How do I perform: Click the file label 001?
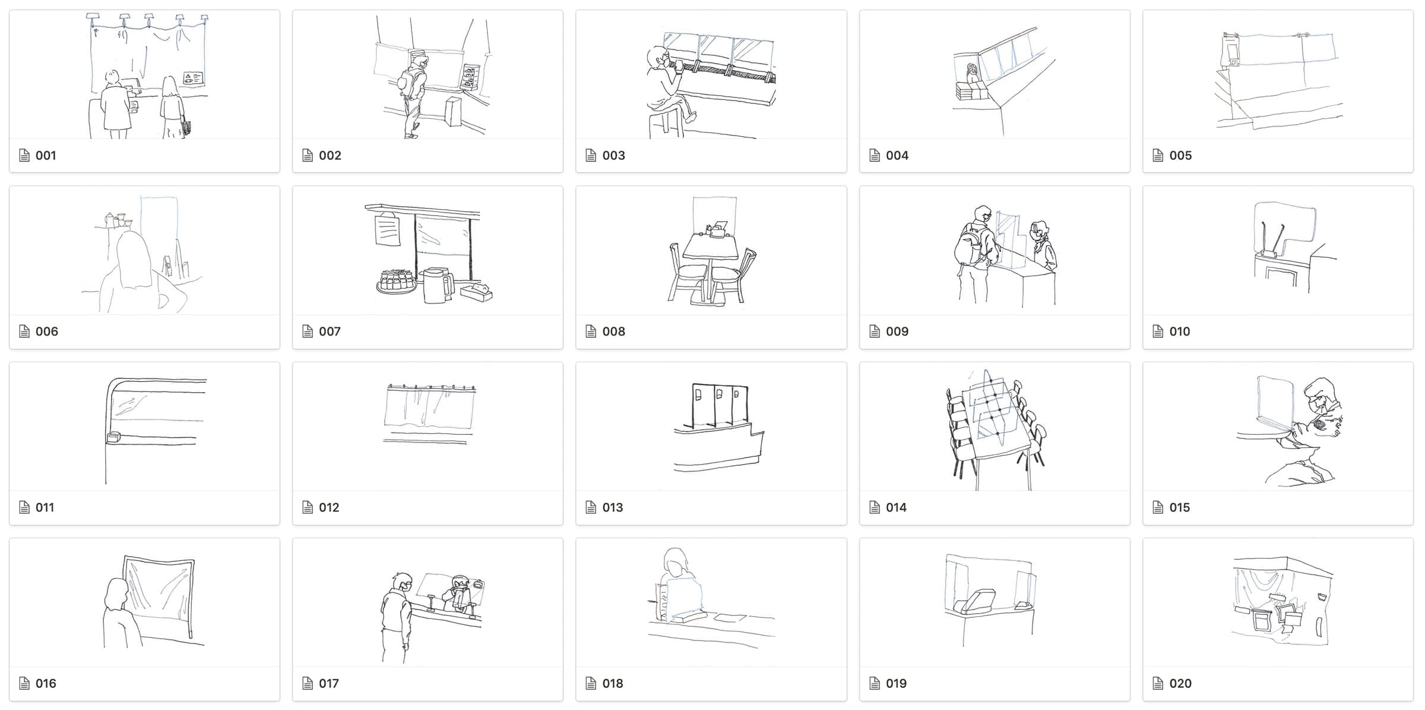click(x=46, y=156)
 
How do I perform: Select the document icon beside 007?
click(x=308, y=332)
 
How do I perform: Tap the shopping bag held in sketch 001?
click(x=186, y=128)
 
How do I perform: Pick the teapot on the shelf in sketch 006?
click(x=110, y=219)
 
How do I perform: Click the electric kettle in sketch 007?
click(x=437, y=285)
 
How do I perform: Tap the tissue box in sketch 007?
click(x=477, y=292)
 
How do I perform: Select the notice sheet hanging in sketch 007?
click(x=387, y=229)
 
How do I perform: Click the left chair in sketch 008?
click(x=688, y=274)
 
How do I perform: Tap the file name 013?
click(x=613, y=508)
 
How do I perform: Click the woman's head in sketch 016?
click(x=116, y=594)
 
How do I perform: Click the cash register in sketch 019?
click(x=974, y=601)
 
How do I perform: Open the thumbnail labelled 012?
click(x=427, y=427)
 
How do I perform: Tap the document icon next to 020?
click(x=1158, y=684)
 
